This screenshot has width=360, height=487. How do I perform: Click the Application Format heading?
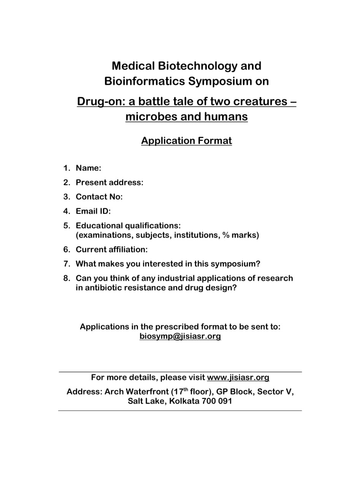(186, 141)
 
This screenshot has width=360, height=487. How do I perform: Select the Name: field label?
(88, 168)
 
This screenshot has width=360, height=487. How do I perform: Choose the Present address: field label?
(109, 183)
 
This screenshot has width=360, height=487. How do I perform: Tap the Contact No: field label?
(99, 197)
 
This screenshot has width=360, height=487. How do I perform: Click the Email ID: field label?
(93, 211)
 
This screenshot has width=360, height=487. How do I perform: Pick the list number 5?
(67, 226)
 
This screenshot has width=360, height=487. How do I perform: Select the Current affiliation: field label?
(111, 250)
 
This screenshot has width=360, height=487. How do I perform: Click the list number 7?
(67, 264)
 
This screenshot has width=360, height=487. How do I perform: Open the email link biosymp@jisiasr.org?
(180, 336)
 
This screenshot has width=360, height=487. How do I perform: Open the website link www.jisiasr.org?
(238, 377)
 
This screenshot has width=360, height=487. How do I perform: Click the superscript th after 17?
(186, 390)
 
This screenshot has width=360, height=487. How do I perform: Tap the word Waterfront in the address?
(147, 392)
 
